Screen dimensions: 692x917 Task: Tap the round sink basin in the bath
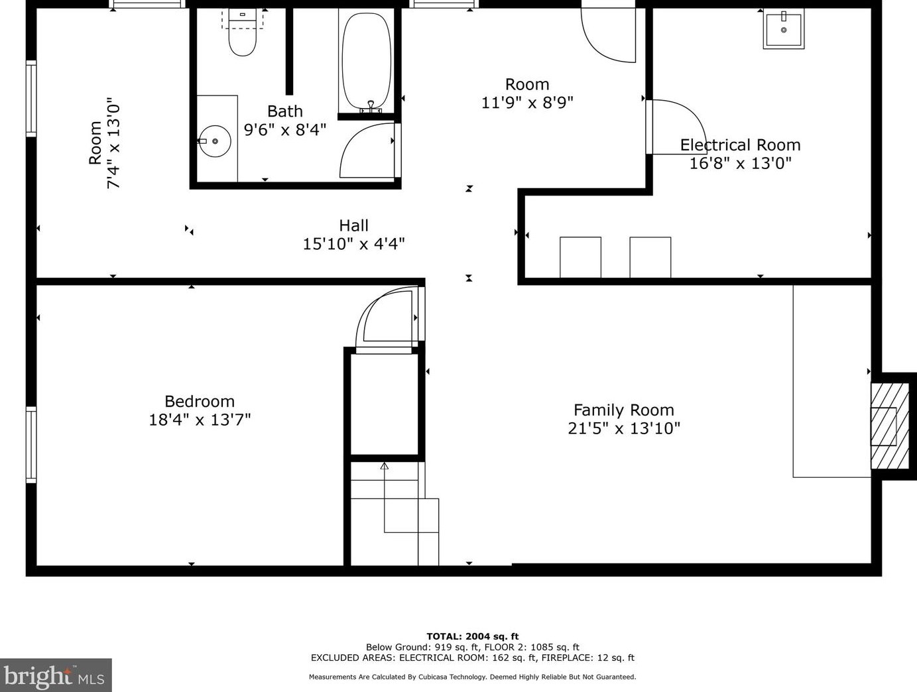215,141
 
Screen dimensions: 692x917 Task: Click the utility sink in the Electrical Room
784,30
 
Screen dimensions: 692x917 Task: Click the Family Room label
623,410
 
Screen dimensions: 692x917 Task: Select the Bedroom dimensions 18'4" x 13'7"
200,420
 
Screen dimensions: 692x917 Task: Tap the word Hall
353,225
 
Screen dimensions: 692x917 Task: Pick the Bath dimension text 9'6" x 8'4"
285,130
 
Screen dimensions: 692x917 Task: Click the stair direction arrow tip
384,465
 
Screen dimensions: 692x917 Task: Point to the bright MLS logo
56,675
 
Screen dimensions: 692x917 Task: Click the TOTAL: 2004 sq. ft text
472,636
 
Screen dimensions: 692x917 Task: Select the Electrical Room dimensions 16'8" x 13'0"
740,163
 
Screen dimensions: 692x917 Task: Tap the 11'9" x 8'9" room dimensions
527,103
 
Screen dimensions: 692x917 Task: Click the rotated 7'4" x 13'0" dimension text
113,145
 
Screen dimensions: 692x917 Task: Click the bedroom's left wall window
31,444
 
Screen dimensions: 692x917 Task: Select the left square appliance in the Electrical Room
580,257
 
